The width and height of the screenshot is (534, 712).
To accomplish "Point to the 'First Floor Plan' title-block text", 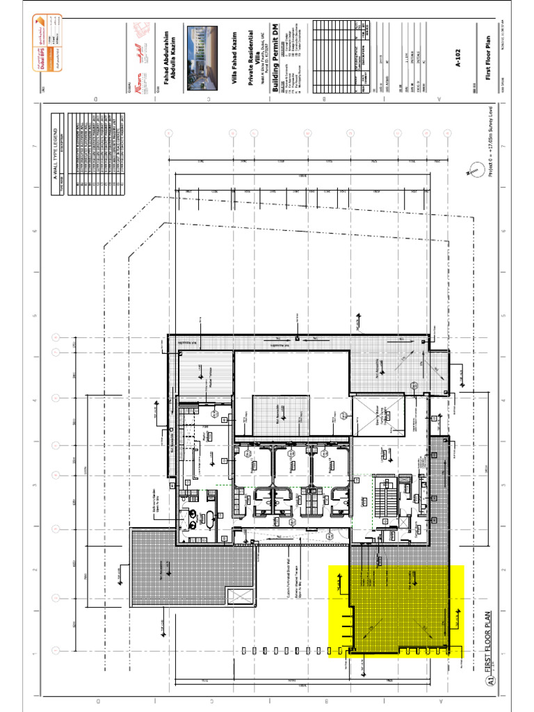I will (x=492, y=53).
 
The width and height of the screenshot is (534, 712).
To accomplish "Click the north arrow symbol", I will (x=474, y=167).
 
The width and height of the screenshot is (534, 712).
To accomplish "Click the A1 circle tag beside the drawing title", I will (x=492, y=685).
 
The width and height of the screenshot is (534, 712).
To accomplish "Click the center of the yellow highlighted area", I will (x=396, y=612).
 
